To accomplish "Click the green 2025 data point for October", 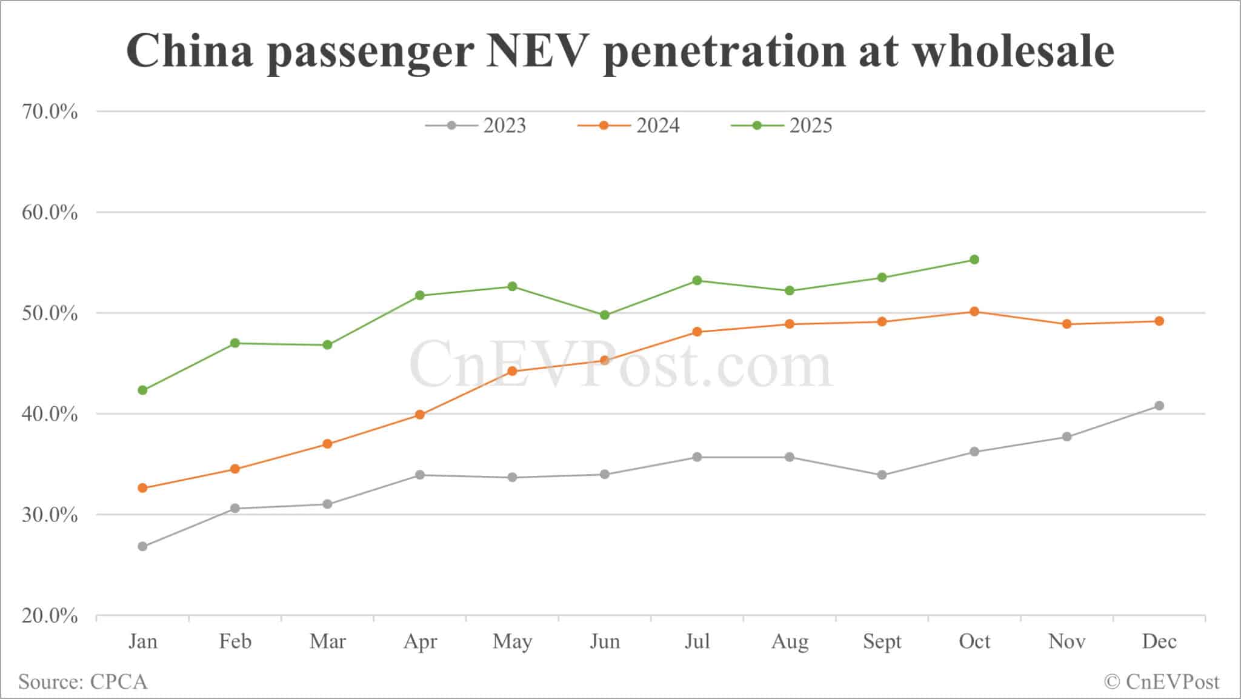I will pos(974,259).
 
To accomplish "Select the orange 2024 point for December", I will pos(1159,321).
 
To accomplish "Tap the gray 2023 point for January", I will pos(142,546).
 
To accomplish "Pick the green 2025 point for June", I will pos(605,315).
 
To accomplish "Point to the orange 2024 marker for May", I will pos(512,371).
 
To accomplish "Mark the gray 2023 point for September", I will pos(882,475).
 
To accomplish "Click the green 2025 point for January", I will pos(142,390).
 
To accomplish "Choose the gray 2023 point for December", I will pos(1159,406).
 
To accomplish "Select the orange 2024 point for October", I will pos(974,312).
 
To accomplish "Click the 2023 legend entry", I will pos(476,125).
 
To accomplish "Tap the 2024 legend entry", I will pos(629,125).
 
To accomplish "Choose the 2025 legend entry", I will pos(782,125).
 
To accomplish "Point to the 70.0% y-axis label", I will pos(50,112).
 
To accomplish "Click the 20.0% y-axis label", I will pos(50,616).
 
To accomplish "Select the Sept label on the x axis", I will pos(882,641).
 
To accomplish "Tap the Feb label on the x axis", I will pos(235,641).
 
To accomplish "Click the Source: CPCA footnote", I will pos(83,681).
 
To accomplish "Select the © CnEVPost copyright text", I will pos(1162,681).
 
